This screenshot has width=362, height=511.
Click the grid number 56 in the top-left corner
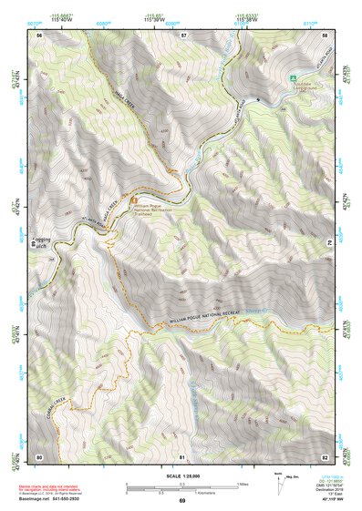coord(40,34)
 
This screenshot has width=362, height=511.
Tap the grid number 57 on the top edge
coord(183,34)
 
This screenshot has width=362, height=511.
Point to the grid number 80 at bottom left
coord(40,455)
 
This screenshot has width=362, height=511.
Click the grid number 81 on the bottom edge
coord(182,455)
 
